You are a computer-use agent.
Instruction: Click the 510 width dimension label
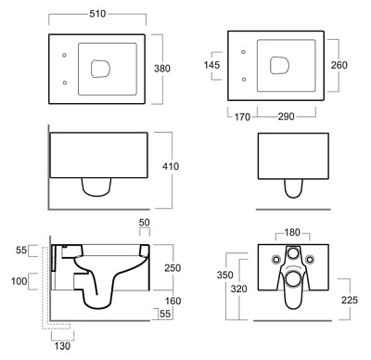pyautogui.click(x=97, y=14)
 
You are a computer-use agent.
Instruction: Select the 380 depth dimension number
pyautogui.click(x=162, y=69)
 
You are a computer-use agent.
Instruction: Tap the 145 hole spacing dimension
pyautogui.click(x=211, y=65)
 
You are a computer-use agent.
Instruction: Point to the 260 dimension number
pyautogui.click(x=339, y=65)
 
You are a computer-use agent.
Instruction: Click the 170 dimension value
pyautogui.click(x=242, y=117)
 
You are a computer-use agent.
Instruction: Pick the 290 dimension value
pyautogui.click(x=286, y=117)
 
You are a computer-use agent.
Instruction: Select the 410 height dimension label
pyautogui.click(x=171, y=166)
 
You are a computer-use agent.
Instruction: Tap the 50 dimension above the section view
pyautogui.click(x=145, y=223)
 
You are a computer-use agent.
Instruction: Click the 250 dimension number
pyautogui.click(x=173, y=268)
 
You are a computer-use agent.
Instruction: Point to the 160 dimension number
pyautogui.click(x=173, y=301)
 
